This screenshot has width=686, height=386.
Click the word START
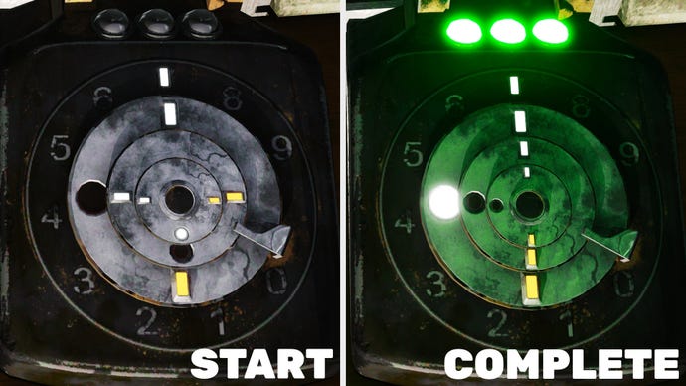tap(261, 364)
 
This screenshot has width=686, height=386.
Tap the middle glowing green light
tap(508, 31)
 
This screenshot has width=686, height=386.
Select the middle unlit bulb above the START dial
tap(156, 23)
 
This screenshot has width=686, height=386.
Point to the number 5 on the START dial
tap(60, 149)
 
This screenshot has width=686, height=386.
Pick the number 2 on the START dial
tap(147, 320)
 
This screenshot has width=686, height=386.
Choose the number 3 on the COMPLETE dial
tap(436, 285)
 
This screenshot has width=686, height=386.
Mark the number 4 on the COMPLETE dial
tap(405, 221)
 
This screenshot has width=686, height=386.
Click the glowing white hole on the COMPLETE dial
tap(443, 202)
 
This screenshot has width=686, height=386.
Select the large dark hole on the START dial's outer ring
tap(91, 198)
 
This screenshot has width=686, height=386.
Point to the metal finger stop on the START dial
tap(264, 238)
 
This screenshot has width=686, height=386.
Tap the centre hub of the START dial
tap(179, 199)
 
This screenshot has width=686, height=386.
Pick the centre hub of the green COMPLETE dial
tap(530, 205)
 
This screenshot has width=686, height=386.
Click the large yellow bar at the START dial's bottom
tap(181, 285)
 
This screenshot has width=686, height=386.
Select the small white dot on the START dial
tap(181, 233)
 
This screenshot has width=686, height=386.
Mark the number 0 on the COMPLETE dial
tap(623, 285)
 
